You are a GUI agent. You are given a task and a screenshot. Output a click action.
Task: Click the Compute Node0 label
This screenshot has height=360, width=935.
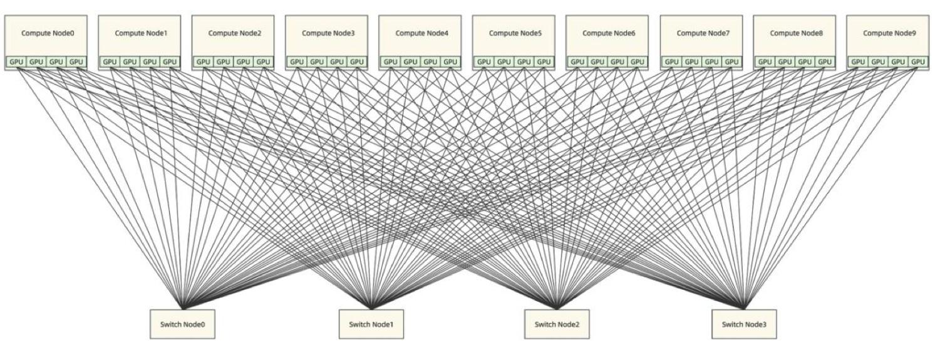tap(48, 33)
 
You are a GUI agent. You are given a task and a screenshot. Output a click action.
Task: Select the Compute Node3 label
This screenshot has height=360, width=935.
tap(328, 33)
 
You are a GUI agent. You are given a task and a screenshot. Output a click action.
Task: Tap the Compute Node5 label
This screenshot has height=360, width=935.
tap(515, 33)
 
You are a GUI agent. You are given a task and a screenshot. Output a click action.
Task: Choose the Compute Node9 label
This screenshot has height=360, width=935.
tap(889, 33)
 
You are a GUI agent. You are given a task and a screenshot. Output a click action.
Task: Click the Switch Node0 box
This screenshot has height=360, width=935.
tap(182, 324)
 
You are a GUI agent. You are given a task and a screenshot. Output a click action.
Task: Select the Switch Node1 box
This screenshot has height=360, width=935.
tap(371, 324)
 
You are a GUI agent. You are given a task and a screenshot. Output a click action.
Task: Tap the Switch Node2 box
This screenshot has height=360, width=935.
tap(557, 324)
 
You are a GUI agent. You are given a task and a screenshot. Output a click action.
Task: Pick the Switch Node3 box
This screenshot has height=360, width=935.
tap(744, 324)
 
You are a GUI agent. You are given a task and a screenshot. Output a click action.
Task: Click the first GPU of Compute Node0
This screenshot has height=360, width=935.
tap(16, 62)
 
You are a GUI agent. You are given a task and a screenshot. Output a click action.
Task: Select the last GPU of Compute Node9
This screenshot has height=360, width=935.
tap(918, 62)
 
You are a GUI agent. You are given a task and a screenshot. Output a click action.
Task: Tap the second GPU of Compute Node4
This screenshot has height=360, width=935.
tap(410, 62)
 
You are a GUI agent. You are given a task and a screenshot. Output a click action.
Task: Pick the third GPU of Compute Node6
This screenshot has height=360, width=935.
tap(617, 62)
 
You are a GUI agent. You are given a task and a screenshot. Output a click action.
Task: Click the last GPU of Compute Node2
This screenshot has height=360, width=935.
tap(264, 62)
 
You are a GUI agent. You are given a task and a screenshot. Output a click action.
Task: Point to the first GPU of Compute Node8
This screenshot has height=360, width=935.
tap(765, 62)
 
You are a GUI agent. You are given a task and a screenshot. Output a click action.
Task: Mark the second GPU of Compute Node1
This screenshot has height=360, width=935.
tap(130, 62)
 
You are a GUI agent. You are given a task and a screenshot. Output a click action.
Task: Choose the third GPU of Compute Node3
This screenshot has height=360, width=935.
tap(337, 62)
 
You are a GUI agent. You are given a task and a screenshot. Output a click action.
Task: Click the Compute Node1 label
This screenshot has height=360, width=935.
tap(141, 33)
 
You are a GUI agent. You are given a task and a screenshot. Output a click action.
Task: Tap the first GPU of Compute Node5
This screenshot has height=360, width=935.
tap(484, 62)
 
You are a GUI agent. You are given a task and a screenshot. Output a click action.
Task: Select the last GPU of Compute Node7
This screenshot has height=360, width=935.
tap(731, 62)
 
